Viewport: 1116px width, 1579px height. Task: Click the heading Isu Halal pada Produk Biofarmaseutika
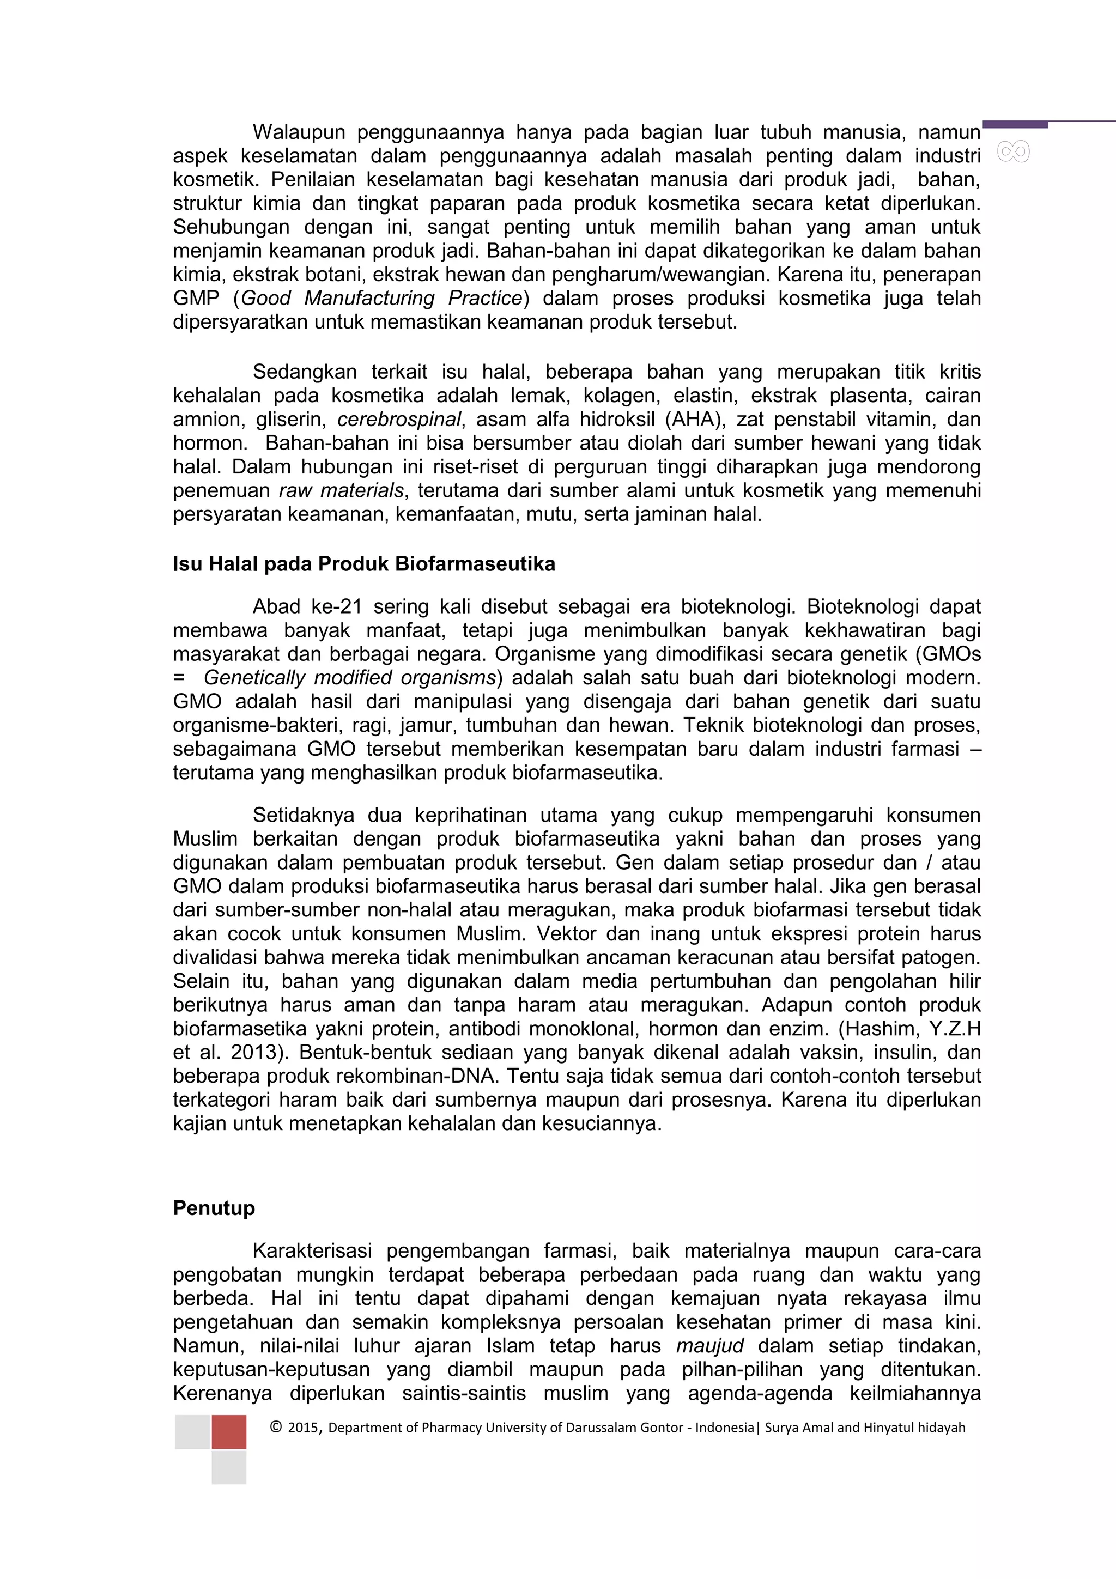(364, 564)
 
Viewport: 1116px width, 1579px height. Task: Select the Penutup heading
(214, 1208)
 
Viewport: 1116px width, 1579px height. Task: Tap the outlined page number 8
(1013, 152)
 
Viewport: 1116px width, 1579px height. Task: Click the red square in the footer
(229, 1432)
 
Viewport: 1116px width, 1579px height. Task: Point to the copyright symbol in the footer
(276, 1428)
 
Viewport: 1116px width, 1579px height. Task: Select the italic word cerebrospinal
(399, 420)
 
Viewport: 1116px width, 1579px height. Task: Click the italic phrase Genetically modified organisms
(349, 678)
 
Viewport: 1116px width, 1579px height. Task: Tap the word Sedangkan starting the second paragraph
(305, 372)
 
